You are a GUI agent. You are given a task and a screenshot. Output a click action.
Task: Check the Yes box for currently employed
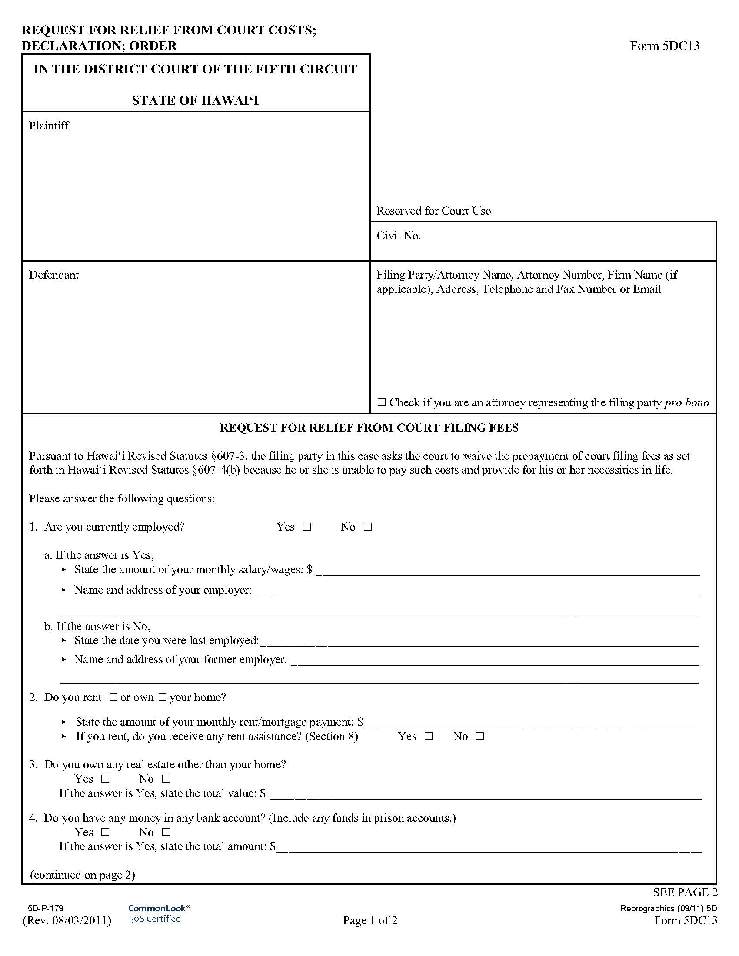[307, 527]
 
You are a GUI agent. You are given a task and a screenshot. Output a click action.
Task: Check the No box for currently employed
[368, 527]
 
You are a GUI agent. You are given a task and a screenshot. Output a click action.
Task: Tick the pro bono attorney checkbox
[381, 403]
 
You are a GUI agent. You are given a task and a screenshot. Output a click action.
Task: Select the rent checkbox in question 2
[113, 697]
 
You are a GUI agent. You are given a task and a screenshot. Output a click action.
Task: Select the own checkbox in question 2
[163, 697]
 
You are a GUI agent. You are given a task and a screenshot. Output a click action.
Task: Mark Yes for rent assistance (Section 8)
[429, 737]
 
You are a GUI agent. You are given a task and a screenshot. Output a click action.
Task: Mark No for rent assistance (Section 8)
[480, 737]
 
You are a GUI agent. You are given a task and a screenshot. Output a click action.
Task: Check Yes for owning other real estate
[105, 779]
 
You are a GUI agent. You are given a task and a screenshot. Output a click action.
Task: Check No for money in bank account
[166, 833]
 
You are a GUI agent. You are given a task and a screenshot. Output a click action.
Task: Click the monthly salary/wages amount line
[508, 571]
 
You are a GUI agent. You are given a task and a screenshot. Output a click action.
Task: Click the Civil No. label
[398, 236]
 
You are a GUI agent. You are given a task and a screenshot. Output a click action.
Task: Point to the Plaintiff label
[49, 126]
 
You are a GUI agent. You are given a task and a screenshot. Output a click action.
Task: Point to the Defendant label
[54, 275]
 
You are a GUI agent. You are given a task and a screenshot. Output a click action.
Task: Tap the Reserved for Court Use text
[433, 211]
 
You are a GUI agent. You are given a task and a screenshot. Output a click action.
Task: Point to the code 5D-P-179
[46, 908]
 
